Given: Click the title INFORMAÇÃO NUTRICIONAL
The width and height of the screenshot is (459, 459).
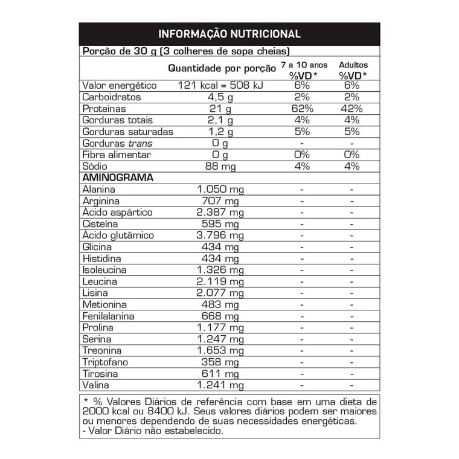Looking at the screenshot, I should point(230,34).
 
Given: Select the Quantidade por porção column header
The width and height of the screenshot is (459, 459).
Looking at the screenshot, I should point(221,68).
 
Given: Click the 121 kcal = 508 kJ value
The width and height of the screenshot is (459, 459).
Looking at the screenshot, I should point(221,86).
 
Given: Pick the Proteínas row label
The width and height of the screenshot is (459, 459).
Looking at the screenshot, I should point(104,109).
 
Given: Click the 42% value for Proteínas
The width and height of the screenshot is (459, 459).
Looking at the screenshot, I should point(351,109).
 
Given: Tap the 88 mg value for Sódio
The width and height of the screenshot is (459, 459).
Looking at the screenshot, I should point(221,166).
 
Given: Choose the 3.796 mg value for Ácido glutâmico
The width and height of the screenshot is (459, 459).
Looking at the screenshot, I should point(221,236).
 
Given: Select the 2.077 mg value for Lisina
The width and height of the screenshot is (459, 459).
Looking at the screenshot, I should point(221,293).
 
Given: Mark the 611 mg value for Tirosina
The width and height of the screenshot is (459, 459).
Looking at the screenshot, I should point(221,374).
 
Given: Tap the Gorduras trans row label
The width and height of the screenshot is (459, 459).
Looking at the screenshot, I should point(118,143).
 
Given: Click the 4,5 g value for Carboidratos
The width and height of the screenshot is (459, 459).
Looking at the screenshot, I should point(221,97).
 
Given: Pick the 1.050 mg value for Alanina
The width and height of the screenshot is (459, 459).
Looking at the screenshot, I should point(221,190).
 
